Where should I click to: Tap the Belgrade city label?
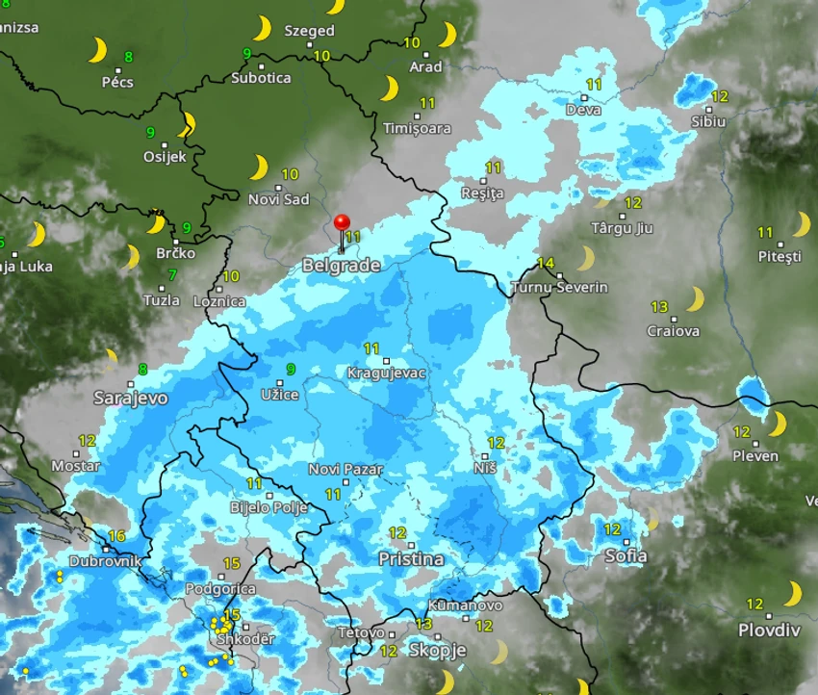pyautogui.click(x=341, y=265)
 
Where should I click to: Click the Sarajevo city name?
pyautogui.click(x=131, y=398)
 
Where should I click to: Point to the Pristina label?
pyautogui.click(x=411, y=559)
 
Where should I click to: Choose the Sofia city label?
pyautogui.click(x=626, y=555)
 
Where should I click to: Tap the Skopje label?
pyautogui.click(x=438, y=650)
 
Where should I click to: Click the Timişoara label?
pyautogui.click(x=417, y=128)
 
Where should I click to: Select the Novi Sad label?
pyautogui.click(x=278, y=199)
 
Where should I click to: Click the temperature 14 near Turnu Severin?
pyautogui.click(x=546, y=264)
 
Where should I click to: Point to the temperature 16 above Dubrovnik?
pyautogui.click(x=117, y=536)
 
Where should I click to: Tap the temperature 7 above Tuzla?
pyautogui.click(x=172, y=275)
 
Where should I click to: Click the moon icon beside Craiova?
pyautogui.click(x=695, y=298)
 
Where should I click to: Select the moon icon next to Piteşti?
pyautogui.click(x=801, y=224)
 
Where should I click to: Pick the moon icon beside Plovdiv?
pyautogui.click(x=794, y=593)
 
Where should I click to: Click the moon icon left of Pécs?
pyautogui.click(x=97, y=50)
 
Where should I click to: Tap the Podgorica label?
pyautogui.click(x=219, y=588)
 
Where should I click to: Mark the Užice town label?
pyautogui.click(x=279, y=395)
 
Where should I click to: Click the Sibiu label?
pyautogui.click(x=708, y=121)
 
